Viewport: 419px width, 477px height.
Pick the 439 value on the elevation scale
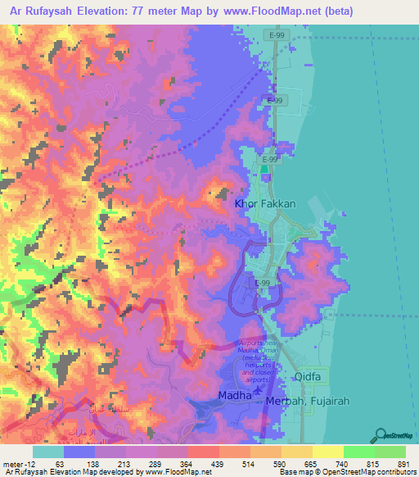(x=217, y=463)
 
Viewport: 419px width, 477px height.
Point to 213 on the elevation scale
(x=124, y=463)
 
